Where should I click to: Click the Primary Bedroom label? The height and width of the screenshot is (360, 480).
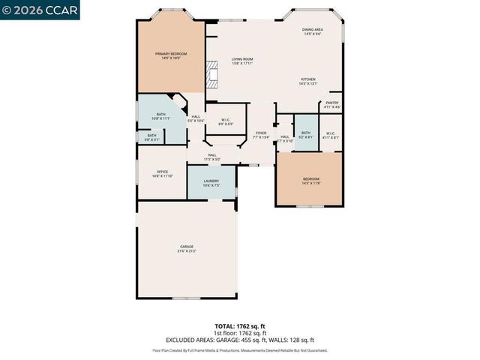coord(170,54)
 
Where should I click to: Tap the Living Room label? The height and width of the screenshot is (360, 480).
coord(241,58)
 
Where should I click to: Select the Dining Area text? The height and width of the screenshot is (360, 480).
coord(313,30)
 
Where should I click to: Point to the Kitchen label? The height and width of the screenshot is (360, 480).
coord(308,79)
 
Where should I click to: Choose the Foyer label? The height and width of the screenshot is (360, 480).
coord(260,133)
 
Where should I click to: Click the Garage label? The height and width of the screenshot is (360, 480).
coord(187,247)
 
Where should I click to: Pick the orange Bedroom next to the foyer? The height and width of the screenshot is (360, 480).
coord(310,180)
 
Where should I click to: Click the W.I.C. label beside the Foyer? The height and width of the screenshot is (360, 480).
coord(225,120)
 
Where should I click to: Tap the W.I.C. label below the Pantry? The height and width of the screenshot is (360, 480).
coord(331,134)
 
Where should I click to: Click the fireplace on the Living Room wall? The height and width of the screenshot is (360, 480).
coord(211,75)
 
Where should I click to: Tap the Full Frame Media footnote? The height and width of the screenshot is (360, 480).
coord(239,349)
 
